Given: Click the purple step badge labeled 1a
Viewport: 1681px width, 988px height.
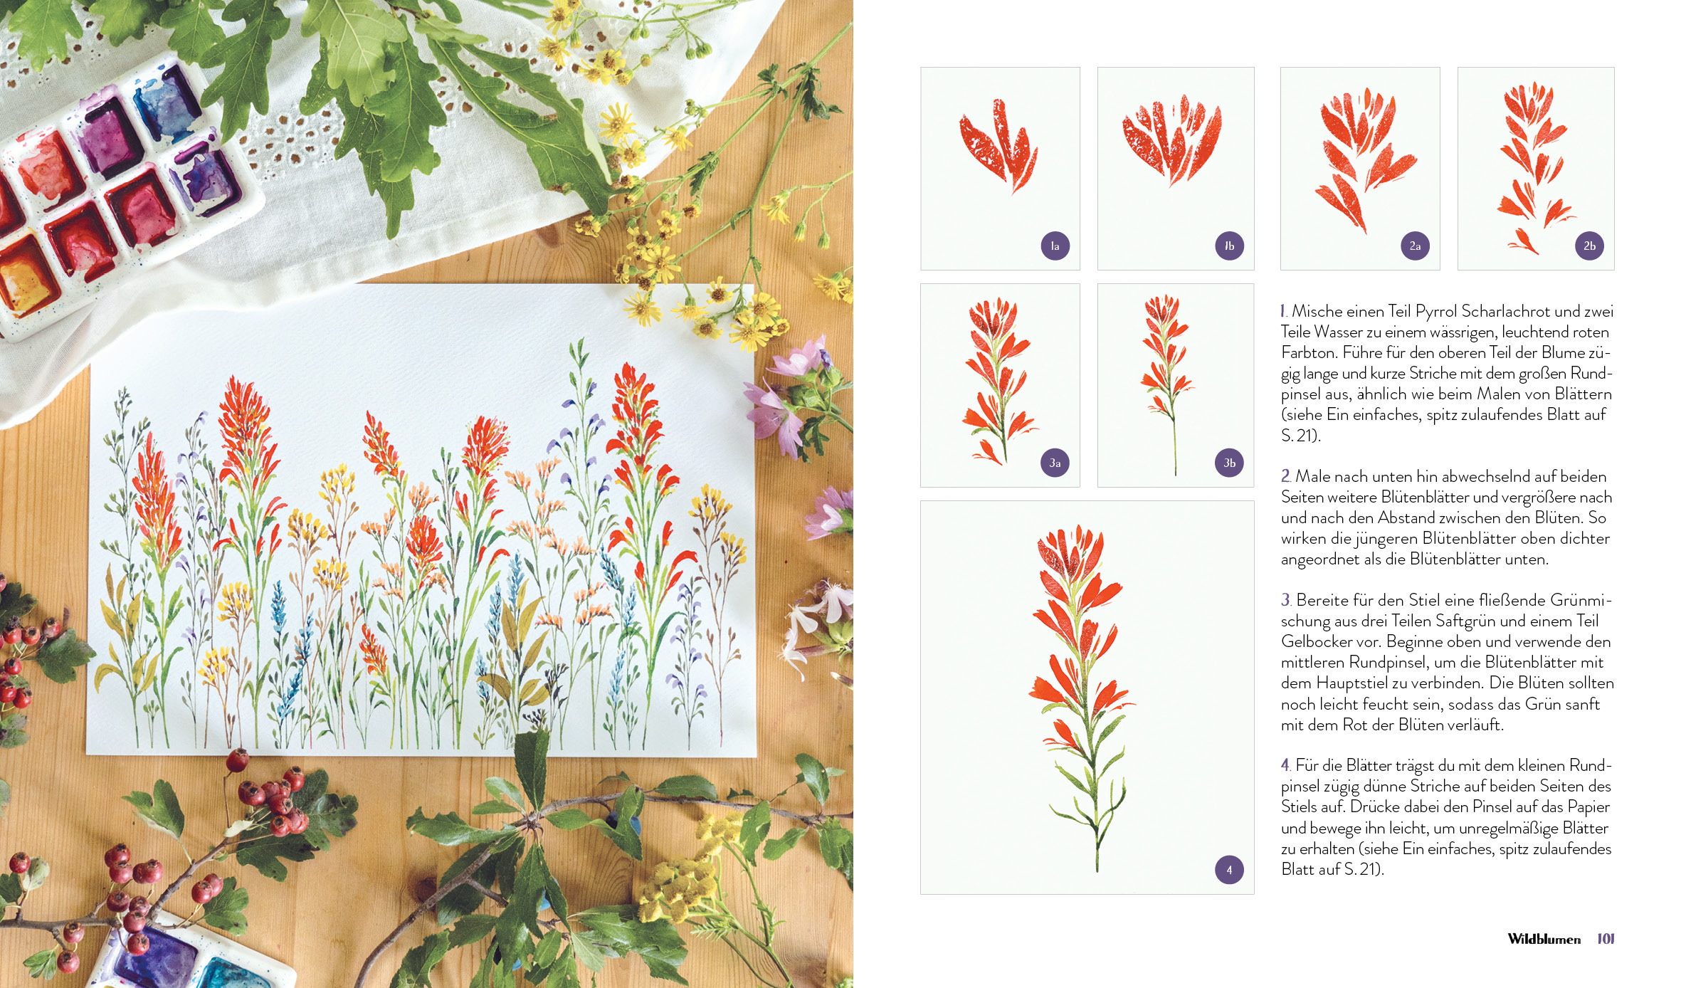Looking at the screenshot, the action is point(1055,246).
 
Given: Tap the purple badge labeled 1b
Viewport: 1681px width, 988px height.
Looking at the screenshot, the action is point(1229,246).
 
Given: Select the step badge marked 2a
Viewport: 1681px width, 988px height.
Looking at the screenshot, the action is point(1415,246).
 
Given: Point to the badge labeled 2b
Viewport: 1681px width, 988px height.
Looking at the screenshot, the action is point(1589,246).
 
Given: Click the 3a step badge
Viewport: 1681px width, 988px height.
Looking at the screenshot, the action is point(1055,463).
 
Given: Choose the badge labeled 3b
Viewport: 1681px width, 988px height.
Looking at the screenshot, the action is point(1229,463).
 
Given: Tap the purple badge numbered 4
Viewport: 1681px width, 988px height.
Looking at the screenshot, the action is point(1229,870).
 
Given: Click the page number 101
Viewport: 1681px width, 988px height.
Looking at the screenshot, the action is point(1606,939).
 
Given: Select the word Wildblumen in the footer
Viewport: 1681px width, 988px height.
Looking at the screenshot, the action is point(1544,940).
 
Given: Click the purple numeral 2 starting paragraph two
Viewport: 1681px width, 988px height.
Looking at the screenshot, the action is point(1285,476).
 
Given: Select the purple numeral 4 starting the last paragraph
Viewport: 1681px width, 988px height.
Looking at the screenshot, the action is point(1285,765).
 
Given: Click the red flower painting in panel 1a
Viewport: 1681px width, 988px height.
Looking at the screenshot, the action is point(998,145).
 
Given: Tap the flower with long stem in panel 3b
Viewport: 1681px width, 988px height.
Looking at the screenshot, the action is point(1167,384).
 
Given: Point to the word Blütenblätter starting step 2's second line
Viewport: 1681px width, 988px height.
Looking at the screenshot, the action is point(1428,497).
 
